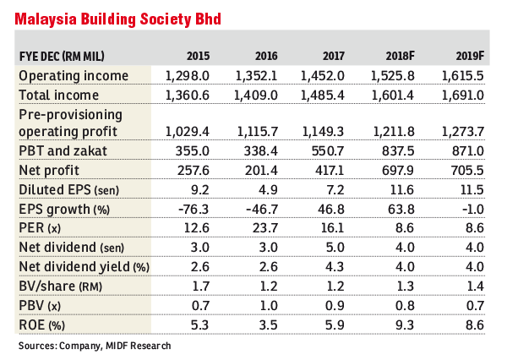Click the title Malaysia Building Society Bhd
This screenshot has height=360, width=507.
point(118,19)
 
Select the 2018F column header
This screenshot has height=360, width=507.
point(400,57)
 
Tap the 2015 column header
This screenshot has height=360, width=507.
point(198,57)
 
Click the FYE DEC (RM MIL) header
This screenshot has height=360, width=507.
point(62,57)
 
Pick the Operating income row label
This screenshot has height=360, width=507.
point(74,76)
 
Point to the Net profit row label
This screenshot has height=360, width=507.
point(49,170)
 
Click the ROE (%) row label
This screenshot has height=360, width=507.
point(41,325)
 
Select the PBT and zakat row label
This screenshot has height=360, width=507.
point(63,151)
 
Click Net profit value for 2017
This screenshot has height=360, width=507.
point(330,171)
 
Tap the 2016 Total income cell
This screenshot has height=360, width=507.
point(255,95)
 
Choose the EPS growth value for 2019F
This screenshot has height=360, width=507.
point(472,210)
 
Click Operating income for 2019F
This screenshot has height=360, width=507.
point(463,76)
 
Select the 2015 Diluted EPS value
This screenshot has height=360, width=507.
point(199,190)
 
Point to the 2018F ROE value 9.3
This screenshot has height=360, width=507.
point(404,325)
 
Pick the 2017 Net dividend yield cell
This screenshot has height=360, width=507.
point(335,267)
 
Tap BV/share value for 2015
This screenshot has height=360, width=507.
point(200,286)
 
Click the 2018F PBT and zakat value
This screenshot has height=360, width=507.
point(398,151)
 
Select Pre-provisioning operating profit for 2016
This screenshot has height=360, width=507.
point(258,132)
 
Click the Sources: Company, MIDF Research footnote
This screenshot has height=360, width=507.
point(95,346)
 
